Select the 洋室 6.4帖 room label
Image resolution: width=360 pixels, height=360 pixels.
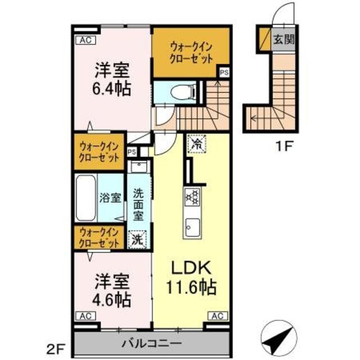[x=112, y=79]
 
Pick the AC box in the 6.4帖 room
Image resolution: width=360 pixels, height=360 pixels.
[x=86, y=40]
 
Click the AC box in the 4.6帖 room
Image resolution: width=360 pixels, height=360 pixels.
[x=85, y=316]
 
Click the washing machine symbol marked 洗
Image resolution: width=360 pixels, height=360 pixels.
[x=137, y=238]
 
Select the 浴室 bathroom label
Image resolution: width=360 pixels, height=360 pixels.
[x=110, y=198]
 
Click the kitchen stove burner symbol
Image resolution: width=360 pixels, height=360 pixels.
[x=192, y=196]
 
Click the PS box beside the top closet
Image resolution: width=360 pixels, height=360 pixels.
[x=224, y=72]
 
